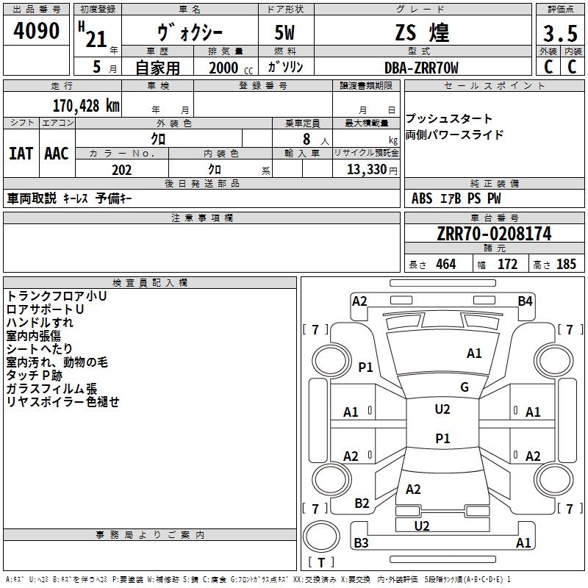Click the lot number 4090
(36, 31)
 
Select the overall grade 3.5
(560, 33)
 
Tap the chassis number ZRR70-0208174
(494, 234)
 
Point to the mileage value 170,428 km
(86, 106)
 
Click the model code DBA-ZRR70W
(421, 68)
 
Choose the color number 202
(122, 170)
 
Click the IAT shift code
(21, 154)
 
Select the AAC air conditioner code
(57, 154)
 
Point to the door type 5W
(284, 32)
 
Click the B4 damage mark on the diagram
(525, 301)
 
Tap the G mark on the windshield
(465, 387)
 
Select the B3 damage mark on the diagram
(361, 542)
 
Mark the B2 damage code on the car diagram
(362, 503)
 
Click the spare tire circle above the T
(321, 537)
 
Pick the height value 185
(566, 264)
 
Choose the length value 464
(446, 264)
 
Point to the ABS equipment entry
(422, 198)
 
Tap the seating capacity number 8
(306, 139)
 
